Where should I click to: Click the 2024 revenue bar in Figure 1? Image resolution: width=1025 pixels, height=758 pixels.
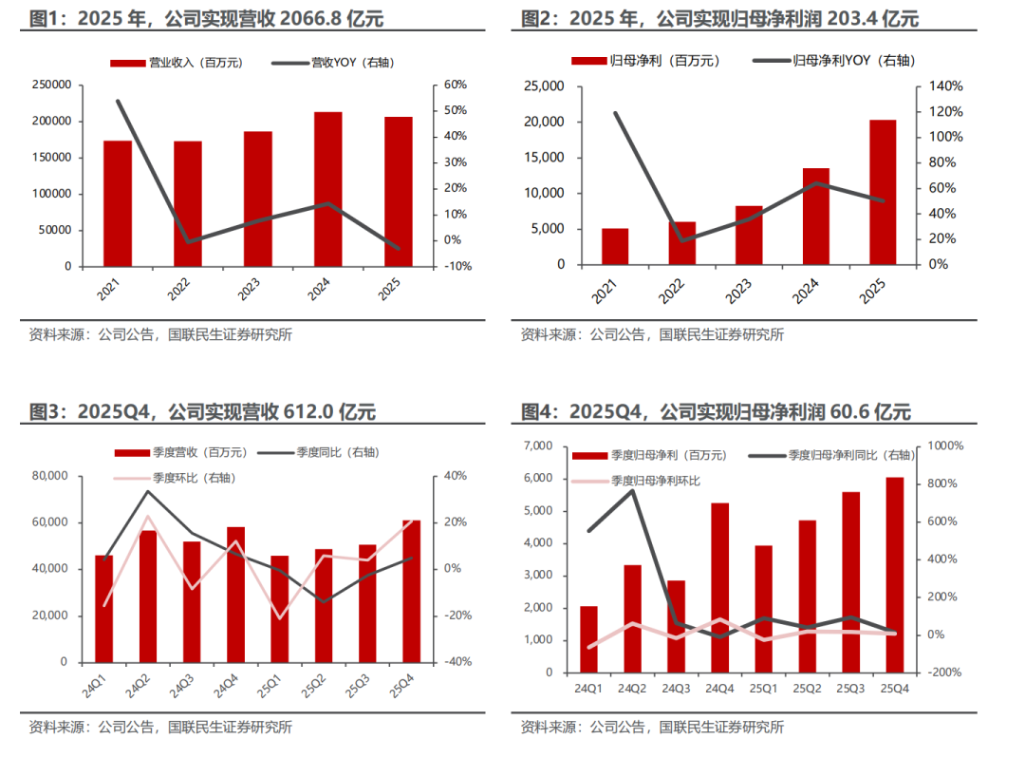(328, 189)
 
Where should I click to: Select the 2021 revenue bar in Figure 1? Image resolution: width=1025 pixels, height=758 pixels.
(118, 203)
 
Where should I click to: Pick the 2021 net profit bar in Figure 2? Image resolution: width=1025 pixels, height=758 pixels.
(615, 246)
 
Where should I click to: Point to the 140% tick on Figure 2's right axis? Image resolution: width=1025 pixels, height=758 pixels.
(945, 86)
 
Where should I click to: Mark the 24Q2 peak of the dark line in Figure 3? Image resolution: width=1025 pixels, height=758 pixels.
(147, 490)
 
